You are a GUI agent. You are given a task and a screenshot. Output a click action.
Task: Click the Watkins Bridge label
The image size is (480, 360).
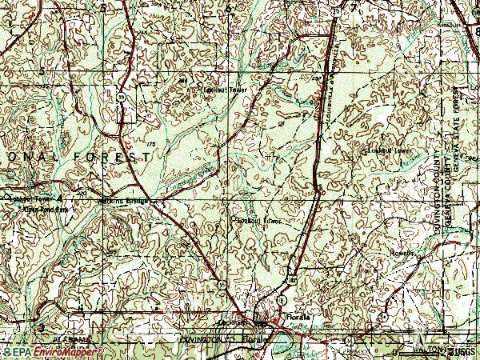122,200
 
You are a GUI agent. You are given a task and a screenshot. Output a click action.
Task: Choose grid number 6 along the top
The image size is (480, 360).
228,8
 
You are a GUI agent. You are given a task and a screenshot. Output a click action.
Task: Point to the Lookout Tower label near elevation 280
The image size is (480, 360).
226,90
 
